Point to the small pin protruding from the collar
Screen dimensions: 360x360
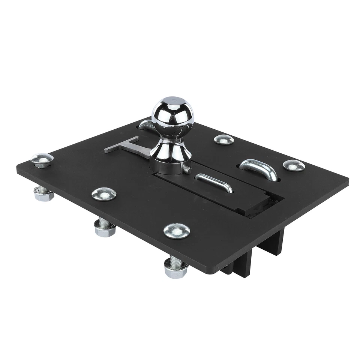click(187, 171)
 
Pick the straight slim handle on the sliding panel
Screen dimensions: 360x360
click(214, 183)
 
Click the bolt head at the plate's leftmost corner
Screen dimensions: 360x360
click(42, 160)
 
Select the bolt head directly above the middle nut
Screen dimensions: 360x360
click(104, 193)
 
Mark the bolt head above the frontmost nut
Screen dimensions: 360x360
click(177, 230)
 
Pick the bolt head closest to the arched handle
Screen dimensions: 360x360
click(294, 165)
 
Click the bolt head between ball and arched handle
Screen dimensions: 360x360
click(224, 139)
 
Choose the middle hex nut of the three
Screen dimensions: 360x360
click(105, 229)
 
